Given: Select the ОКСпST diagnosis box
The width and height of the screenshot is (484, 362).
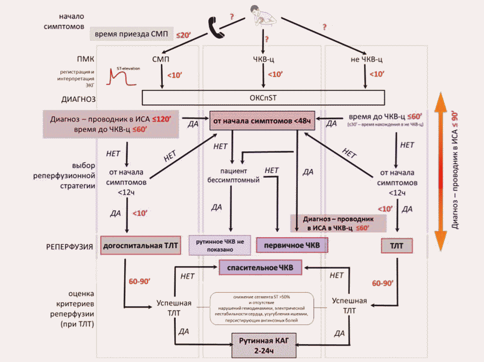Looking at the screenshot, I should [263, 97].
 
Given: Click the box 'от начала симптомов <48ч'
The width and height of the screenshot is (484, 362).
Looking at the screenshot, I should [263, 121].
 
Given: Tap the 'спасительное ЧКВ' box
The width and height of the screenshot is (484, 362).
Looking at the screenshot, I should [263, 268].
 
